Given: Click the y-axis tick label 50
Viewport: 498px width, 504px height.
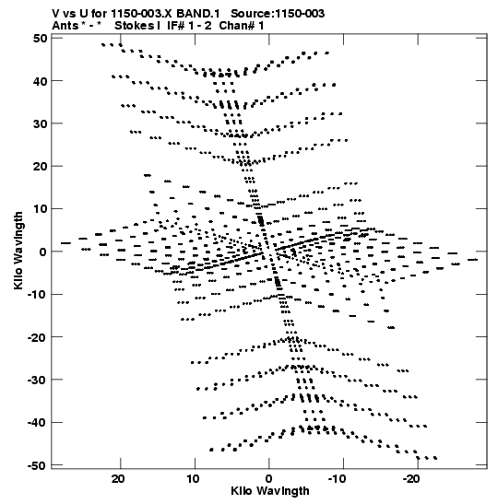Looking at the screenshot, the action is pyautogui.click(x=40, y=39).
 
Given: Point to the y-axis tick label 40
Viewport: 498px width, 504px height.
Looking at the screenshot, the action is pyautogui.click(x=40, y=81).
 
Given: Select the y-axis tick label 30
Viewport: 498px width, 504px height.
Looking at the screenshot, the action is pyautogui.click(x=40, y=123).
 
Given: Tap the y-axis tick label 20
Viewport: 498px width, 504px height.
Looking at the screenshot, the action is pyautogui.click(x=40, y=167).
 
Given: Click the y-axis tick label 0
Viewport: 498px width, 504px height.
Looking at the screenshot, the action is pyautogui.click(x=43, y=252).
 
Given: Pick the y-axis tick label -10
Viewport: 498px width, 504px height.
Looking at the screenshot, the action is pyautogui.click(x=37, y=295).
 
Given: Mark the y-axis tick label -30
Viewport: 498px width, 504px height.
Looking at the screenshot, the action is pyautogui.click(x=37, y=380).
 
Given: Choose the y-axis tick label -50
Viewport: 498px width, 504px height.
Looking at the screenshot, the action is pyautogui.click(x=37, y=465).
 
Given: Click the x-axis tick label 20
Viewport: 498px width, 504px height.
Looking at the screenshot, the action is pyautogui.click(x=118, y=479).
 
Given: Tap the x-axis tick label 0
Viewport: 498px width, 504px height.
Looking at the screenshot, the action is pyautogui.click(x=268, y=479).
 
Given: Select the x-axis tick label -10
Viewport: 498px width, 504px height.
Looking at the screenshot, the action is pyautogui.click(x=338, y=479).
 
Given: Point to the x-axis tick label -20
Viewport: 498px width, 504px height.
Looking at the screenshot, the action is pyautogui.click(x=411, y=479).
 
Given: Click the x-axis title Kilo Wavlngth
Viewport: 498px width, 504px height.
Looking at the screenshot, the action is pyautogui.click(x=270, y=491).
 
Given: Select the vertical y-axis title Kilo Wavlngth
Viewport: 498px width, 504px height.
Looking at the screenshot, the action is pyautogui.click(x=18, y=251).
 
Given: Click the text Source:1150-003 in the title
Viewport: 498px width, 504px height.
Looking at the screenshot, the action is pyautogui.click(x=278, y=14).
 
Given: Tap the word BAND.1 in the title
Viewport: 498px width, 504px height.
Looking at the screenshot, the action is pyautogui.click(x=198, y=14).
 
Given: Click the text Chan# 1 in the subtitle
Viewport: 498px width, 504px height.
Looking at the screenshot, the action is pyautogui.click(x=242, y=26).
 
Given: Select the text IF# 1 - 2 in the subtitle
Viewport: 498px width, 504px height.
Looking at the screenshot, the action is pyautogui.click(x=189, y=26).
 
